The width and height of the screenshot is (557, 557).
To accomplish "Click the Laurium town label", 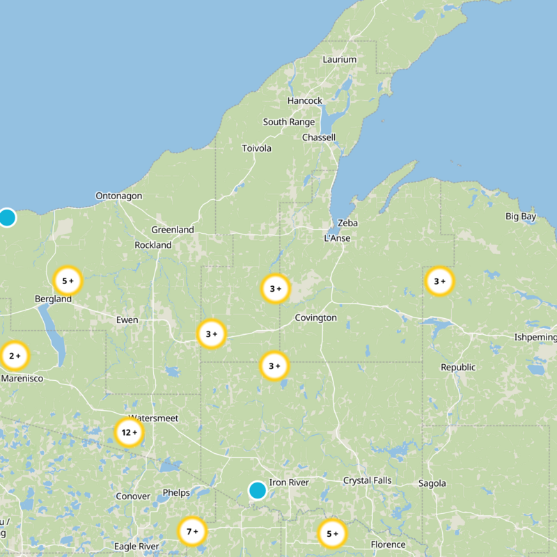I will pyautogui.click(x=339, y=60).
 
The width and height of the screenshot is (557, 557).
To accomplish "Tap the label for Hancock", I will pyautogui.click(x=305, y=101).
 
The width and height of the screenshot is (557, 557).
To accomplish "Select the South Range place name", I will pyautogui.click(x=288, y=122).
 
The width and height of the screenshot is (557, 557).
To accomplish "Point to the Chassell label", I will pyautogui.click(x=318, y=137).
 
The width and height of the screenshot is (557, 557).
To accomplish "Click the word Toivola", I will pyautogui.click(x=256, y=148).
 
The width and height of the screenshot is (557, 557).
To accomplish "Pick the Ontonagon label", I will pyautogui.click(x=118, y=196).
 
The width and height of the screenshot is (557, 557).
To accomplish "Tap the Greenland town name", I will pyautogui.click(x=173, y=230).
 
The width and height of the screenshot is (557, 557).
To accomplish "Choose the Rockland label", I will pyautogui.click(x=153, y=245).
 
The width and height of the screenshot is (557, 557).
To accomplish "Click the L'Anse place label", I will pyautogui.click(x=337, y=238).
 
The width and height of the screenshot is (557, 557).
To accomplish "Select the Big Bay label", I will pyautogui.click(x=521, y=217).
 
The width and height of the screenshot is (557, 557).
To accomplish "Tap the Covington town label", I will pyautogui.click(x=315, y=317).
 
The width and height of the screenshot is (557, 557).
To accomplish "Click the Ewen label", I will pyautogui.click(x=127, y=320).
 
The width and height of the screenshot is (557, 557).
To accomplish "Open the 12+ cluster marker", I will pyautogui.click(x=130, y=432).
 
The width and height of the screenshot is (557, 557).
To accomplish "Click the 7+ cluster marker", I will pyautogui.click(x=192, y=532).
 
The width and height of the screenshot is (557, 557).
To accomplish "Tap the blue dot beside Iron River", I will pyautogui.click(x=258, y=490).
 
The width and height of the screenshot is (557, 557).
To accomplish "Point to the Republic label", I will pyautogui.click(x=458, y=367).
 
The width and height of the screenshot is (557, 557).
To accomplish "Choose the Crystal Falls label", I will pyautogui.click(x=367, y=480).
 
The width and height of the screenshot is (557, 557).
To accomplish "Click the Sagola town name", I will pyautogui.click(x=432, y=483).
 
